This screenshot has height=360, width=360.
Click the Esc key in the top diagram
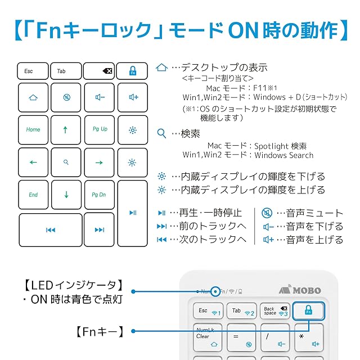33,71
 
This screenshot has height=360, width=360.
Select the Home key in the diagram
33,129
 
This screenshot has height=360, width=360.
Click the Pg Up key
100,129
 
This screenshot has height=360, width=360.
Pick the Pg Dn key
100,195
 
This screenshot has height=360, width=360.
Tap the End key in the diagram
33,195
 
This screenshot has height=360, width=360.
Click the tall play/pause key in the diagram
133,213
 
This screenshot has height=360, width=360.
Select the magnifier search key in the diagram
66,162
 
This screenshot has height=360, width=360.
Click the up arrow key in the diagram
66,129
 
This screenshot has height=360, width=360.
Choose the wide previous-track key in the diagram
50,229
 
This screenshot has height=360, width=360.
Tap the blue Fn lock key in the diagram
133,71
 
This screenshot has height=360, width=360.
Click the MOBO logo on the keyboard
301,290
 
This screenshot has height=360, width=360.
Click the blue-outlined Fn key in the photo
308,310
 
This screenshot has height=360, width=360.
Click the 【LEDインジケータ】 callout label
74,285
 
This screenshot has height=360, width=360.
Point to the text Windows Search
284,155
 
